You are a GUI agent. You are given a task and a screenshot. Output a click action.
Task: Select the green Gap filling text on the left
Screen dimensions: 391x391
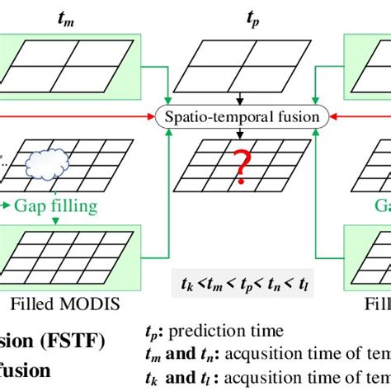[x=63, y=203]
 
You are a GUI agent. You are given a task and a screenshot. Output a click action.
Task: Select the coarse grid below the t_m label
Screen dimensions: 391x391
[x=75, y=63]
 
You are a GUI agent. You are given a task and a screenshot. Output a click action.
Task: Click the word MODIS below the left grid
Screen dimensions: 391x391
[x=97, y=305]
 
